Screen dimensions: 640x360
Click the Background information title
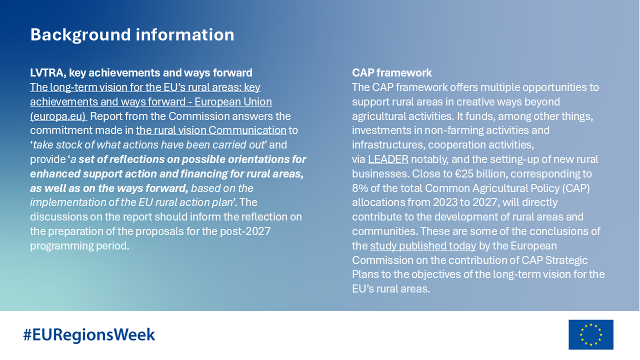[x=132, y=35]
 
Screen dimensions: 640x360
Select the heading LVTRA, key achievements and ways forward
[x=141, y=73]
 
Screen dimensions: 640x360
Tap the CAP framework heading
[x=391, y=73]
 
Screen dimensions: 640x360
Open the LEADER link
[x=388, y=159]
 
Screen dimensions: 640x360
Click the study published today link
[x=423, y=246]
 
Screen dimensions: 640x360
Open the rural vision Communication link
[x=211, y=130]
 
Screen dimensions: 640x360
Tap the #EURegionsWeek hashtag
[x=89, y=334]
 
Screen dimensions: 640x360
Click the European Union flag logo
[x=591, y=334]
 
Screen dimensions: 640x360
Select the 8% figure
[x=358, y=188]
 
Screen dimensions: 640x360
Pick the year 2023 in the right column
[x=445, y=202]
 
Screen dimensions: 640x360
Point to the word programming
[x=61, y=246]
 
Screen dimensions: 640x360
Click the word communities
[x=384, y=231]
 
